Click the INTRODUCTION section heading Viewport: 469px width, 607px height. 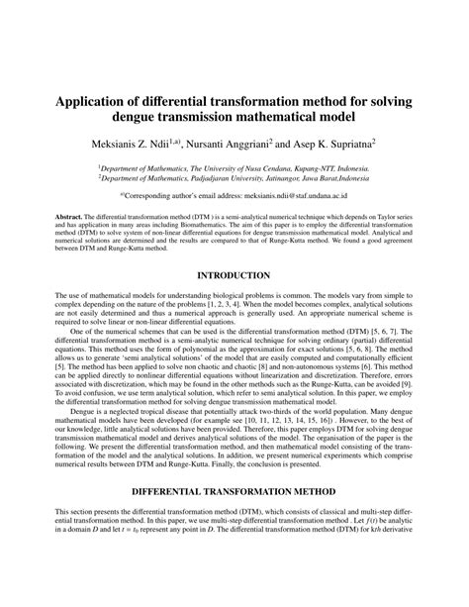(x=234, y=274)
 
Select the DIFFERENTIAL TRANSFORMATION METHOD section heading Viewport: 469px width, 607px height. (x=234, y=518)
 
